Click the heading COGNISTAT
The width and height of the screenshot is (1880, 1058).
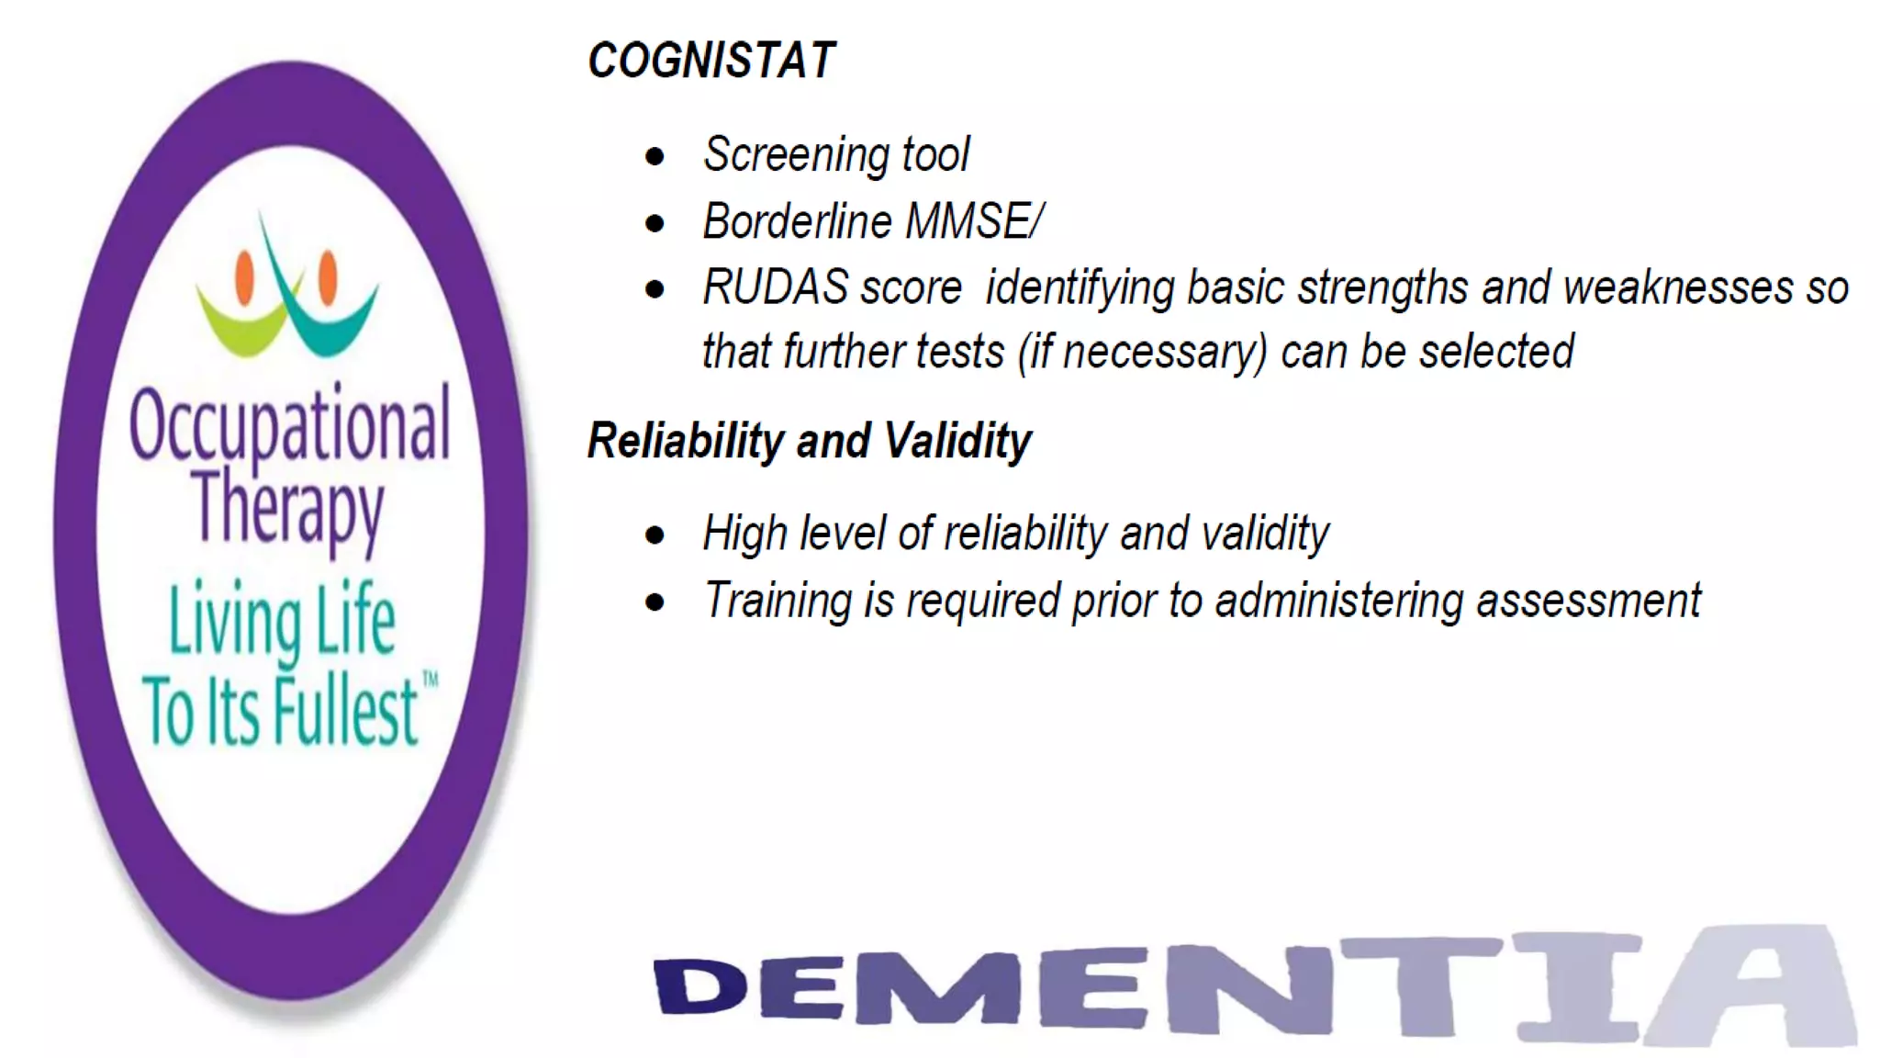pos(711,61)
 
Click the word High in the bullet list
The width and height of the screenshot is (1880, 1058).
pos(744,534)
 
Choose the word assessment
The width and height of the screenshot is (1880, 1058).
pos(1588,601)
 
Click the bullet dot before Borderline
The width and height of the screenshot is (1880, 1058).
pos(655,223)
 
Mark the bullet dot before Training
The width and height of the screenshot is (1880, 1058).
pos(655,602)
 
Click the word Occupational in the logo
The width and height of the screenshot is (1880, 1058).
pos(289,424)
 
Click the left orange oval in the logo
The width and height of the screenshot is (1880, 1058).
pos(244,276)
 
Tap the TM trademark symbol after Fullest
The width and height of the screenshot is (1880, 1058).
pos(430,680)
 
